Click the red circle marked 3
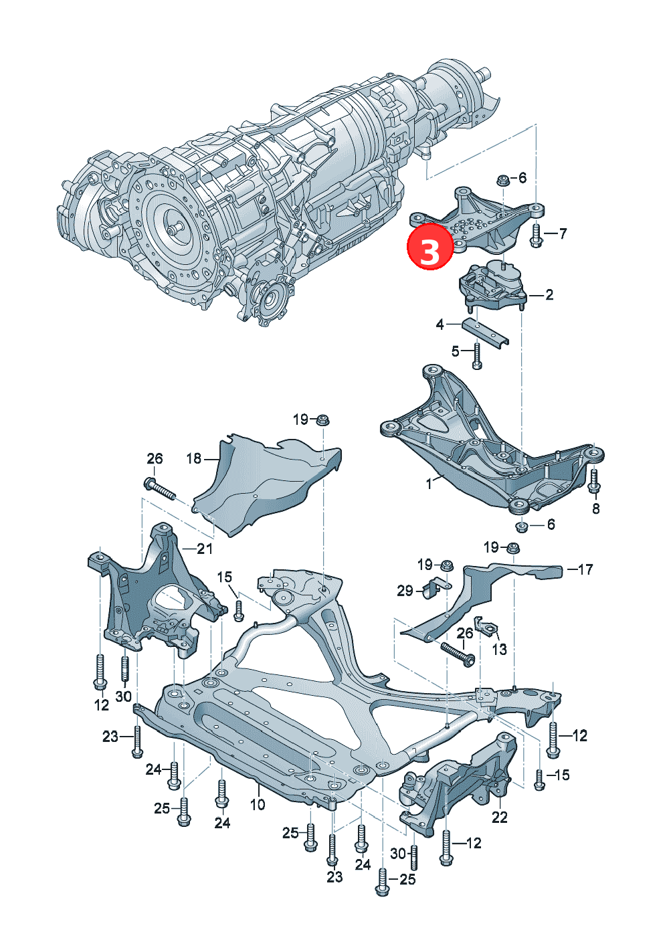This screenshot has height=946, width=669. click(430, 248)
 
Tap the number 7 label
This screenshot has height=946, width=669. click(563, 233)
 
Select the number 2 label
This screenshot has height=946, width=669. click(549, 294)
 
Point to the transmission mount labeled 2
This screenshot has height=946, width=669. click(492, 284)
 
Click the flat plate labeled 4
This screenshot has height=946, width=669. click(485, 332)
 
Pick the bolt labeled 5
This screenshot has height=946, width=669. click(477, 356)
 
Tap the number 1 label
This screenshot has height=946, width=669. click(429, 484)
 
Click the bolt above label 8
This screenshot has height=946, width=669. click(594, 481)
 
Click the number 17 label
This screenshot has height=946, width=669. click(585, 570)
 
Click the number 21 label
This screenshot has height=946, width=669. click(205, 549)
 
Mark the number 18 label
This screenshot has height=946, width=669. click(194, 459)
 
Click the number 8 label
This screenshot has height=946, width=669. click(595, 509)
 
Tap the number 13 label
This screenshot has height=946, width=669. click(500, 649)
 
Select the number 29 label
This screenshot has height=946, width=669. click(405, 590)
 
